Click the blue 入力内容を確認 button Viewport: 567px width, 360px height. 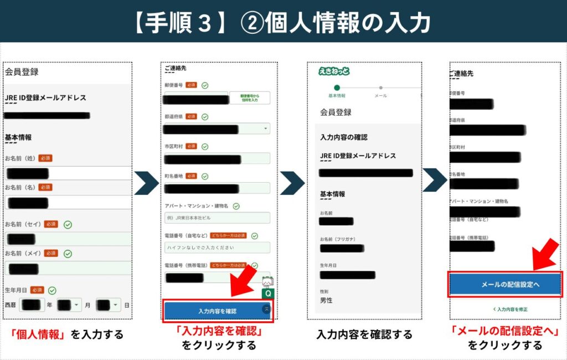217,311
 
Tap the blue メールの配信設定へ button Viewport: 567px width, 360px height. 504,284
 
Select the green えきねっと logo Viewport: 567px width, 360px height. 334,71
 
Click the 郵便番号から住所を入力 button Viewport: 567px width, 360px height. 250,98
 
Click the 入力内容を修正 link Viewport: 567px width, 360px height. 504,308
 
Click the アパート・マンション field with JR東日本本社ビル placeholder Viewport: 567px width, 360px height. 217,218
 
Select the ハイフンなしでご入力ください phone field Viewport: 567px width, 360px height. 217,247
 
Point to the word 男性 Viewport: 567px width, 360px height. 326,301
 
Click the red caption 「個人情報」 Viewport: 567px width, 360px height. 39,335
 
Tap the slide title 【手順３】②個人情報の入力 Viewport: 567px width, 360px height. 283,22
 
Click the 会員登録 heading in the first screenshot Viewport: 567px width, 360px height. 22,71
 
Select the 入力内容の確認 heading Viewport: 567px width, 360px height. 343,137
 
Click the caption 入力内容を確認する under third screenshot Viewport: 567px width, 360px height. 364,335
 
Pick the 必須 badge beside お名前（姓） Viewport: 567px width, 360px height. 45,158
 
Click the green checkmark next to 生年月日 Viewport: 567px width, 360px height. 52,290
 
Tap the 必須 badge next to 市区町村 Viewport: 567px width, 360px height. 191,146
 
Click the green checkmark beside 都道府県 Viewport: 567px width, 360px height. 205,117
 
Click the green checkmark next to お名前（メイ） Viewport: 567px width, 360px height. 68,253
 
